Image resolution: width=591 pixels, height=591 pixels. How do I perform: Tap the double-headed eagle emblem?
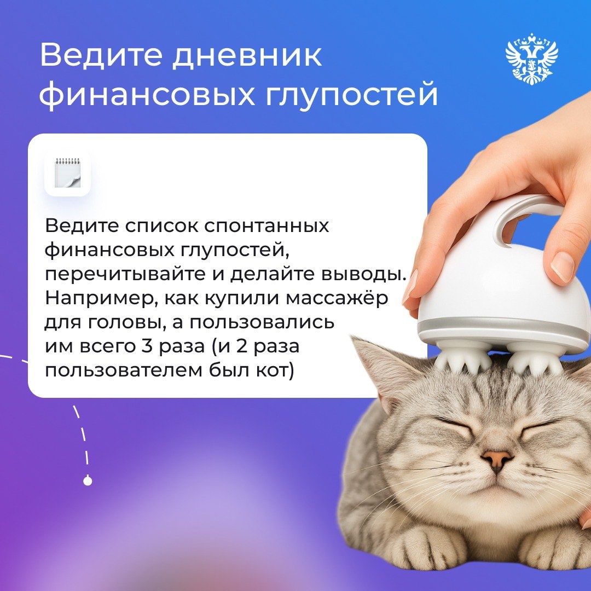(531, 59)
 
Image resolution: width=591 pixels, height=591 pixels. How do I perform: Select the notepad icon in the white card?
(67, 174)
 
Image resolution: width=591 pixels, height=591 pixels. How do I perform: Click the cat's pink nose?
(497, 460)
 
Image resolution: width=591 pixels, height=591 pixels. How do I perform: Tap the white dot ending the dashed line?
(88, 481)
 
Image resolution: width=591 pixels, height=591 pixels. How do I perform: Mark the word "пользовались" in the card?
(260, 322)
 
